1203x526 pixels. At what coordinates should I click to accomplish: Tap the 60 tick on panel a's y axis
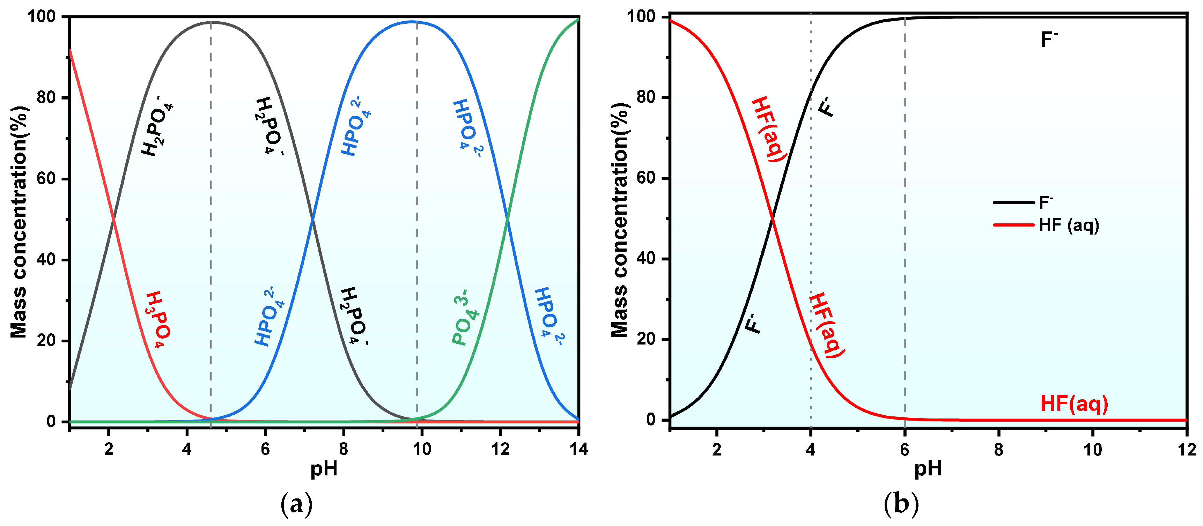(47, 179)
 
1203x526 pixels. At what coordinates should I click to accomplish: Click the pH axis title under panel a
(324, 469)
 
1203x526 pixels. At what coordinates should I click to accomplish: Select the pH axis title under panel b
(928, 469)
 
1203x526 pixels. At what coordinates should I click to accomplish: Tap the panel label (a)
(297, 504)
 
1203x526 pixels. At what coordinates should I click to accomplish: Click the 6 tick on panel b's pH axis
(905, 450)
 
